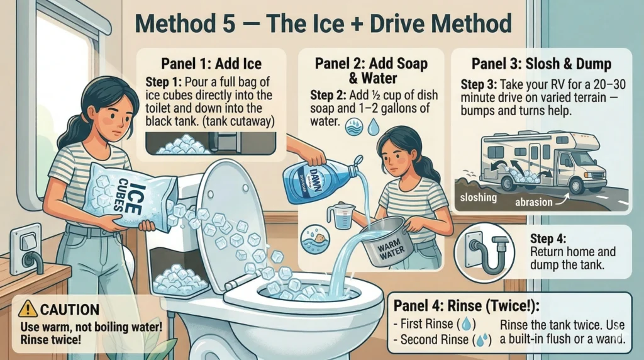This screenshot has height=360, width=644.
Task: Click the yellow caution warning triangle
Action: [x=28, y=308]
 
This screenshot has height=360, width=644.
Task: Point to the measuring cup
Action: [x=341, y=216]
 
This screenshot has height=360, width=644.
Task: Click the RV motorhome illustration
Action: [x=543, y=162]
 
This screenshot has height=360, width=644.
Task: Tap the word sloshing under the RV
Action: [x=479, y=198]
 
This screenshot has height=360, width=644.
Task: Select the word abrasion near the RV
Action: [x=534, y=202]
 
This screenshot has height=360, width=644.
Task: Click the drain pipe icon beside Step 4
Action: [x=485, y=251]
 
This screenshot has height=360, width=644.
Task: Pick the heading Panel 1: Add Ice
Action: [x=211, y=64]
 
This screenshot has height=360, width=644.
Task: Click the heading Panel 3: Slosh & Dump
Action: [x=541, y=64]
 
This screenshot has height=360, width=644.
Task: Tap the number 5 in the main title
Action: [x=226, y=23]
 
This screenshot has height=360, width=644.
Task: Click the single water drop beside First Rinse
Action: [x=466, y=324]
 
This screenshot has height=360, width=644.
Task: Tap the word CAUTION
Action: [x=70, y=310]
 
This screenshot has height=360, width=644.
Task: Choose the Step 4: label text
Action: [x=548, y=239]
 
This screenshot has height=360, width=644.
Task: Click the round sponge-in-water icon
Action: [x=316, y=239]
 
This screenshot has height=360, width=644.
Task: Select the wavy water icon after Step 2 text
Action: [x=354, y=127]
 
